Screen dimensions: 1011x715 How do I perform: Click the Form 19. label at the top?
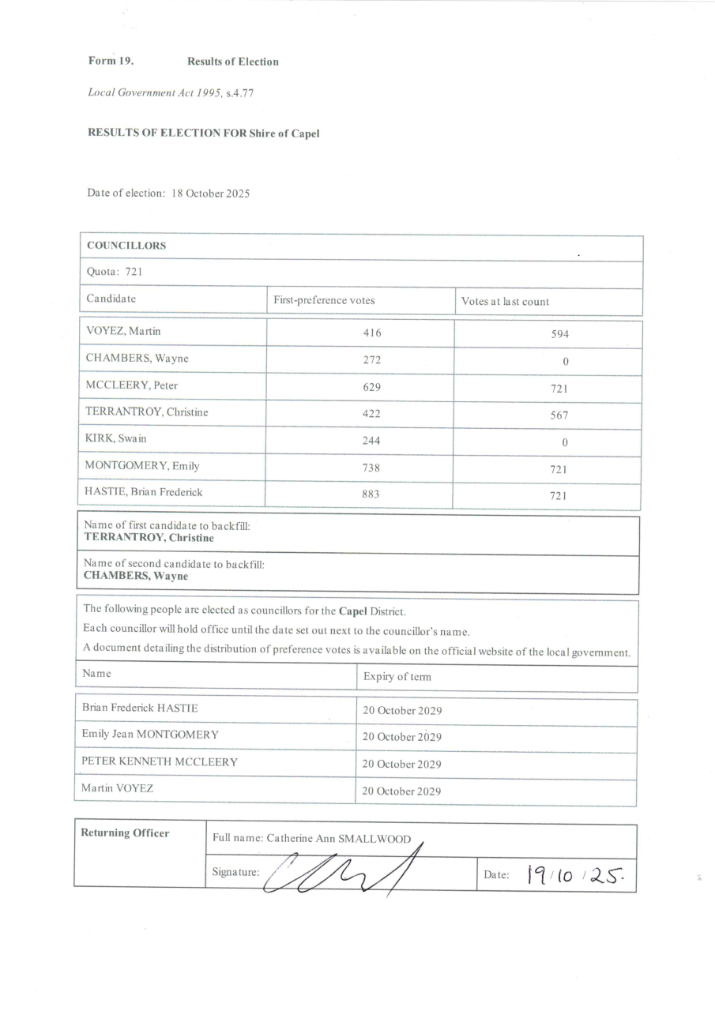(x=111, y=62)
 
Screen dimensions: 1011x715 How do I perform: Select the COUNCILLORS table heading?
(x=126, y=246)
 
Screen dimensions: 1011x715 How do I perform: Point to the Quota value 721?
(x=134, y=272)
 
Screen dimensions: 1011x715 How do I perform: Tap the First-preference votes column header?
(x=324, y=300)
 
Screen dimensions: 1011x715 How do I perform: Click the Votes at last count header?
(x=505, y=302)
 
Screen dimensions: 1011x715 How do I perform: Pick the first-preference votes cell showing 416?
(x=372, y=333)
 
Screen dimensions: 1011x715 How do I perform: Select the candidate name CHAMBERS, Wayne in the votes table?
(x=137, y=359)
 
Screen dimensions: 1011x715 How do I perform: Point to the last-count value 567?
(x=560, y=415)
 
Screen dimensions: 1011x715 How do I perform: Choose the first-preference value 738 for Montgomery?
(x=371, y=468)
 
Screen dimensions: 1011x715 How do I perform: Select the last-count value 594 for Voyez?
(x=560, y=334)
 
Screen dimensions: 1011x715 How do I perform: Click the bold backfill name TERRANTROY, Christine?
(x=149, y=538)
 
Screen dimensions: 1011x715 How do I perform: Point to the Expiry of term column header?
(x=397, y=677)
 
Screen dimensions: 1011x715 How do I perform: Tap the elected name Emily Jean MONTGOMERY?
(x=150, y=735)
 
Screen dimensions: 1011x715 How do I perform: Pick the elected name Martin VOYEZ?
(x=111, y=788)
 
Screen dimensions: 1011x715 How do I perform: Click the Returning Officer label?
(x=125, y=833)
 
